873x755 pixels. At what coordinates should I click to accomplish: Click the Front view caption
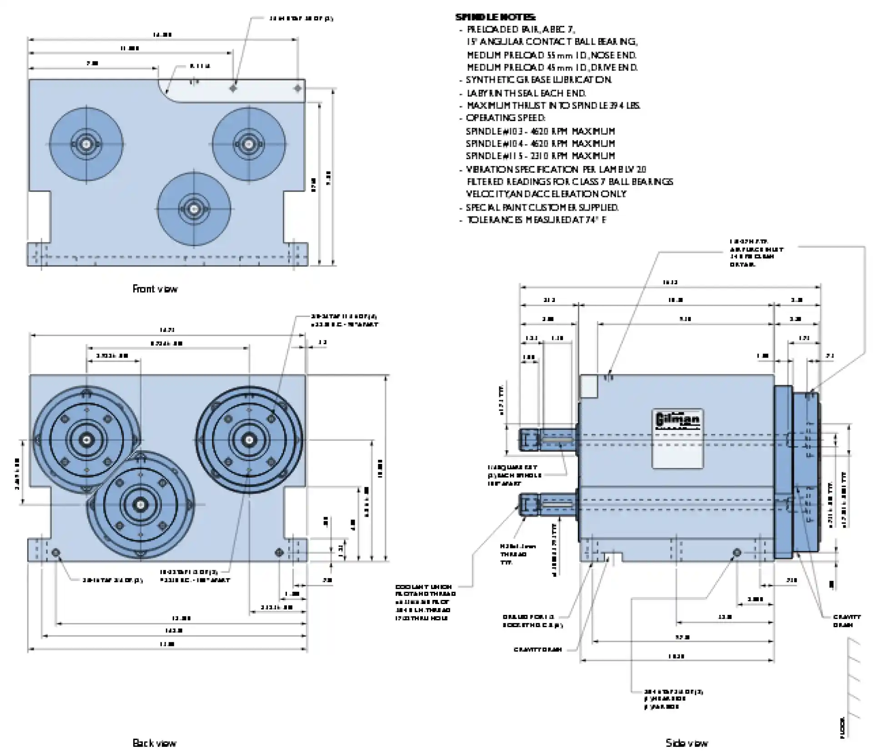click(x=155, y=289)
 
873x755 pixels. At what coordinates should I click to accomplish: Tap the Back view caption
click(x=154, y=743)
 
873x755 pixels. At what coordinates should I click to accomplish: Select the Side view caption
click(x=687, y=743)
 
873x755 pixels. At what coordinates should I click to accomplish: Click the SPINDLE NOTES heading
click(x=495, y=18)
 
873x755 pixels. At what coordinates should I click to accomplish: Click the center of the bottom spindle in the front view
click(x=194, y=209)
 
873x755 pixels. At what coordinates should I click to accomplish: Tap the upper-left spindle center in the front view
click(x=85, y=144)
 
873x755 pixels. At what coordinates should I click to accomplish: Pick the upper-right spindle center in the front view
click(x=249, y=144)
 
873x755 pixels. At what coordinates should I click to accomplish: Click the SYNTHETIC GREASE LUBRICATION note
click(x=539, y=80)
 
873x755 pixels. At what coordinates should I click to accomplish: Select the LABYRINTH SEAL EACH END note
click(x=526, y=93)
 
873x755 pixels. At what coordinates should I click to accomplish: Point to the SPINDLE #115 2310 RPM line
click(x=540, y=156)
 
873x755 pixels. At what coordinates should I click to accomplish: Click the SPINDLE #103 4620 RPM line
click(x=540, y=131)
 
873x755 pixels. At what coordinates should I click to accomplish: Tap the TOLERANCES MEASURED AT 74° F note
click(x=536, y=220)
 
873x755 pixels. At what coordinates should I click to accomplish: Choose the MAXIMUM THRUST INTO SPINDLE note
click(x=553, y=106)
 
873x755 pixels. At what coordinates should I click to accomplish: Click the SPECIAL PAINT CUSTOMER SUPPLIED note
click(x=542, y=208)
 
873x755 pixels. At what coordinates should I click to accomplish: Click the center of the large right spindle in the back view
click(x=249, y=439)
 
